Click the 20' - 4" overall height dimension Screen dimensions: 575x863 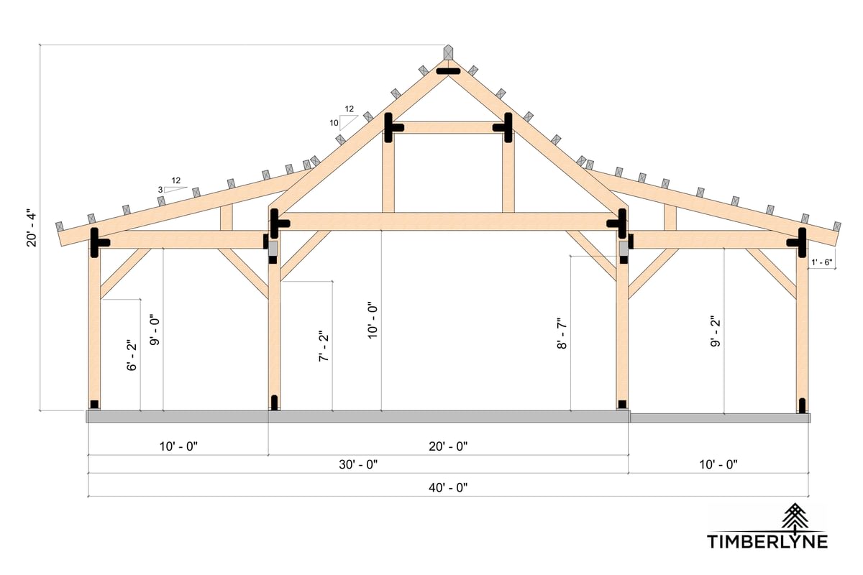[x=32, y=229]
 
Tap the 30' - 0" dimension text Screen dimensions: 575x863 [x=360, y=465]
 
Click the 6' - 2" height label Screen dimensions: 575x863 [x=131, y=356]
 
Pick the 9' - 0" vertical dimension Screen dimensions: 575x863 [x=154, y=329]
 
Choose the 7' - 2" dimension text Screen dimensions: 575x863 [x=324, y=346]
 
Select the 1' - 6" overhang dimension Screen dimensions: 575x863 [x=821, y=262]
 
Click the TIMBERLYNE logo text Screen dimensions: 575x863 [x=767, y=541]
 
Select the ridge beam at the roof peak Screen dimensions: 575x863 [x=449, y=53]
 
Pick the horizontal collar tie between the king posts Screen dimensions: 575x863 [x=449, y=128]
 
